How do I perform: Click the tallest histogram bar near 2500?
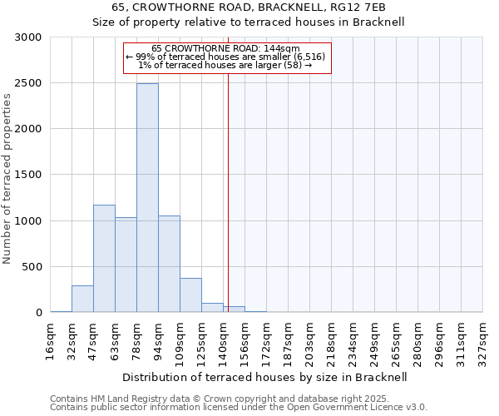(147, 198)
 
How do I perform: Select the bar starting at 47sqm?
(104, 259)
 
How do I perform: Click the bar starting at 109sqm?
(190, 295)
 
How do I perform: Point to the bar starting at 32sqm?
(82, 300)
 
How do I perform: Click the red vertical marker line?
(227, 208)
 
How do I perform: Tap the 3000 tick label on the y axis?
(28, 37)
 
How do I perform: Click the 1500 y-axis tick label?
(28, 175)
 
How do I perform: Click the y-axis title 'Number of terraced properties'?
(7, 178)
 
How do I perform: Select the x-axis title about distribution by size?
(266, 377)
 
